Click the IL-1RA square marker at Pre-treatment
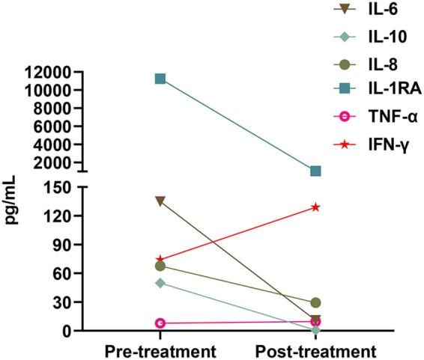(160, 79)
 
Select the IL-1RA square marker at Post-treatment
(315, 171)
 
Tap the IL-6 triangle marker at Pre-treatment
(160, 201)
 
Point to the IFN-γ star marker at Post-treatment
(315, 207)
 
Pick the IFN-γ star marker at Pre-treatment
(160, 259)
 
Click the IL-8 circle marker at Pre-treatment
(160, 266)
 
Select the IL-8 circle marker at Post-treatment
(315, 302)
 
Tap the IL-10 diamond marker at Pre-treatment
(160, 283)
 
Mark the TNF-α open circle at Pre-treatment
(160, 323)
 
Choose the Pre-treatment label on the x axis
(160, 351)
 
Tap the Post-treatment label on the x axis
(315, 351)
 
